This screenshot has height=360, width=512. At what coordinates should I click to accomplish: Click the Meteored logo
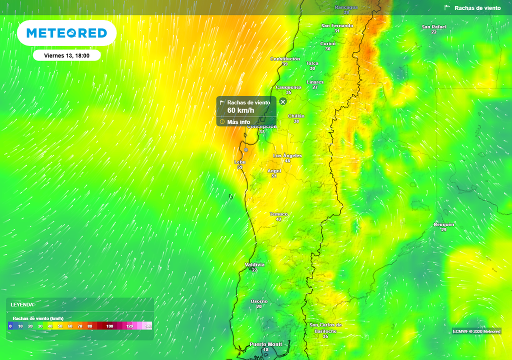point(66,33)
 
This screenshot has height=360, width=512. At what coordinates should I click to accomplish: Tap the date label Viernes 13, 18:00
point(66,55)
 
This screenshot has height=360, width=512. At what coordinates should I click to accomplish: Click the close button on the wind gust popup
point(283,101)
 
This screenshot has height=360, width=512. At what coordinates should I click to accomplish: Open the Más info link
point(238,122)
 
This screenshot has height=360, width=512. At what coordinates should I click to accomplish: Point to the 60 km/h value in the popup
point(240,110)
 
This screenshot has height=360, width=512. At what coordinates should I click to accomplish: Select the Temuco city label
point(278,214)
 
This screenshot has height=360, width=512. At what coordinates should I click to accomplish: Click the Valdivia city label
point(254,264)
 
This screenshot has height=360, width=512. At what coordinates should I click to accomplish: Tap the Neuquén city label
point(443,224)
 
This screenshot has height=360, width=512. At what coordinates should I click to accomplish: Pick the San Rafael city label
point(433,27)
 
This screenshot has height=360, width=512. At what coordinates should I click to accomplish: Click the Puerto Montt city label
point(265,344)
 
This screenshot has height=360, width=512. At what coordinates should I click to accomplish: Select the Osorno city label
point(259,301)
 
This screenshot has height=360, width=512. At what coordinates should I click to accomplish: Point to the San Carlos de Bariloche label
point(325,328)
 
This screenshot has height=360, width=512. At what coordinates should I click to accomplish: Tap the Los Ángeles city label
point(287,155)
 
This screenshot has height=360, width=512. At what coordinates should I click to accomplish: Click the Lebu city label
point(239,162)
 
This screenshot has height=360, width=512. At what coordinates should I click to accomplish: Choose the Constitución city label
point(285,59)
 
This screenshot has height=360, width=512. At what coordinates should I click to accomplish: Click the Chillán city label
point(296,116)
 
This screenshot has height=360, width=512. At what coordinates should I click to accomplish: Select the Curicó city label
point(327,43)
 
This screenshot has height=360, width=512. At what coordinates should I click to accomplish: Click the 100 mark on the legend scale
point(109,326)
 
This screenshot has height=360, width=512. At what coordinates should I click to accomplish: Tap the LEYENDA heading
point(22,304)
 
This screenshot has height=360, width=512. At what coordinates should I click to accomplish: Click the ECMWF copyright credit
point(476,331)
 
